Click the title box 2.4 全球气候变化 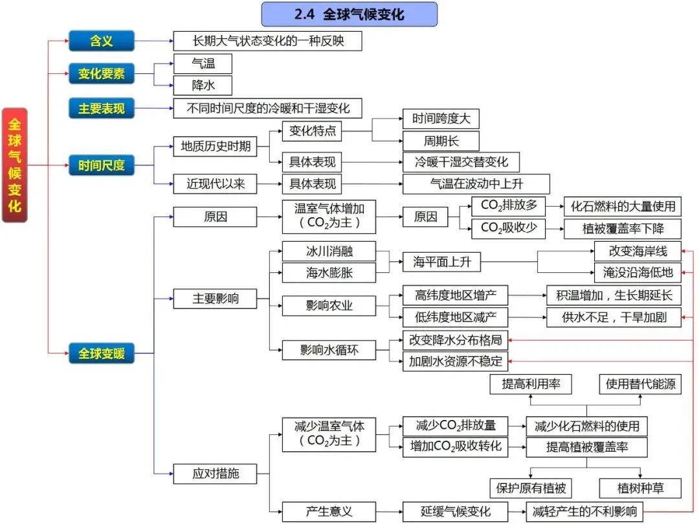point(349,14)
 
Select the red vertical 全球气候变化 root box point(15,165)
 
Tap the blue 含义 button point(102,41)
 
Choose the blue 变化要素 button point(102,74)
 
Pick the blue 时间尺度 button point(102,165)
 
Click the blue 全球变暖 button point(102,353)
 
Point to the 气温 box point(203,64)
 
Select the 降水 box point(203,85)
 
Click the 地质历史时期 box point(215,146)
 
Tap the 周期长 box point(441,141)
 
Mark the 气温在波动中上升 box point(476,183)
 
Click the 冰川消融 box point(329,251)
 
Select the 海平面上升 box point(442,262)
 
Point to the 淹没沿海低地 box point(638,272)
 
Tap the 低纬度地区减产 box point(455,317)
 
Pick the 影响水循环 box point(329,350)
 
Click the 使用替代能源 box point(640,384)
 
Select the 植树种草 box point(640,487)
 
